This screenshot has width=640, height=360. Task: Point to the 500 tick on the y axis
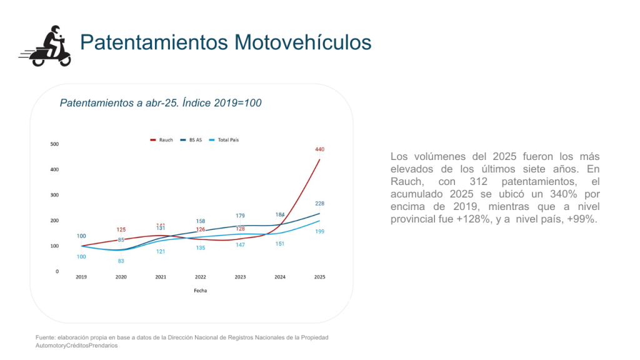[54, 144]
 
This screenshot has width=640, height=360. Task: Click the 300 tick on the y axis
[54, 195]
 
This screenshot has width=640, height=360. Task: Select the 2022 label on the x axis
[201, 276]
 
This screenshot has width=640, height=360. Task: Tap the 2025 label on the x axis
[319, 276]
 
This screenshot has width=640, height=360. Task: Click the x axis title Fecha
[201, 291]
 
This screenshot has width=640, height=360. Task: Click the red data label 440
[319, 149]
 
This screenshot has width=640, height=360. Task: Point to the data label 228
[319, 204]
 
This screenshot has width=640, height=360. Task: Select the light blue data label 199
[319, 231]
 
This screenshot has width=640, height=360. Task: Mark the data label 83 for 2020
[121, 261]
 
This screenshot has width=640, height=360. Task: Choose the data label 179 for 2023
[240, 216]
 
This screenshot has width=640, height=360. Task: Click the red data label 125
[121, 230]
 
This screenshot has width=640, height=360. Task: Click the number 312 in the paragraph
[457, 181]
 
